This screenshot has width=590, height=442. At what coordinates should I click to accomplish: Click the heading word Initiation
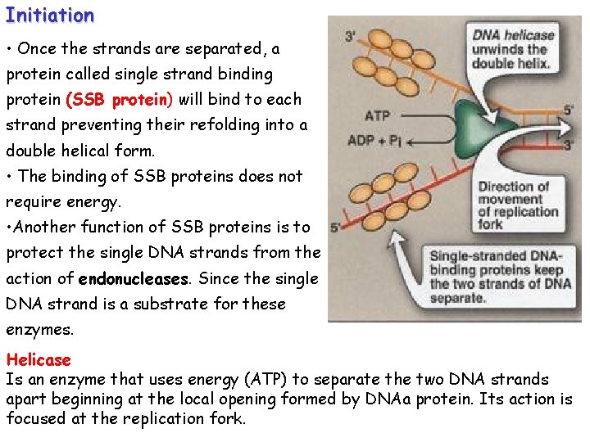point(49,15)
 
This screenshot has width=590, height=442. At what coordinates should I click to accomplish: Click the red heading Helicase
point(39,360)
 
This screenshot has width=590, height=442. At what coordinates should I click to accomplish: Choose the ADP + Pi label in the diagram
point(374,141)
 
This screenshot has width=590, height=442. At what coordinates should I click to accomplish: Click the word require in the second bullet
point(32,201)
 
